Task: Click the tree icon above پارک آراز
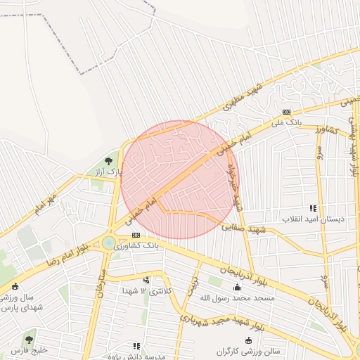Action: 108,161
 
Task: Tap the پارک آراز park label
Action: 109,171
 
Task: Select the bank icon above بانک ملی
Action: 286,112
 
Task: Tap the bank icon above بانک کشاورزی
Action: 136,236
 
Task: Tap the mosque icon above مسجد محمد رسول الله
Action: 238,287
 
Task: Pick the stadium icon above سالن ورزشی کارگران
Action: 247,340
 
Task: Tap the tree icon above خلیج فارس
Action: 29,340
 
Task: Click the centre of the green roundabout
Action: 109,243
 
